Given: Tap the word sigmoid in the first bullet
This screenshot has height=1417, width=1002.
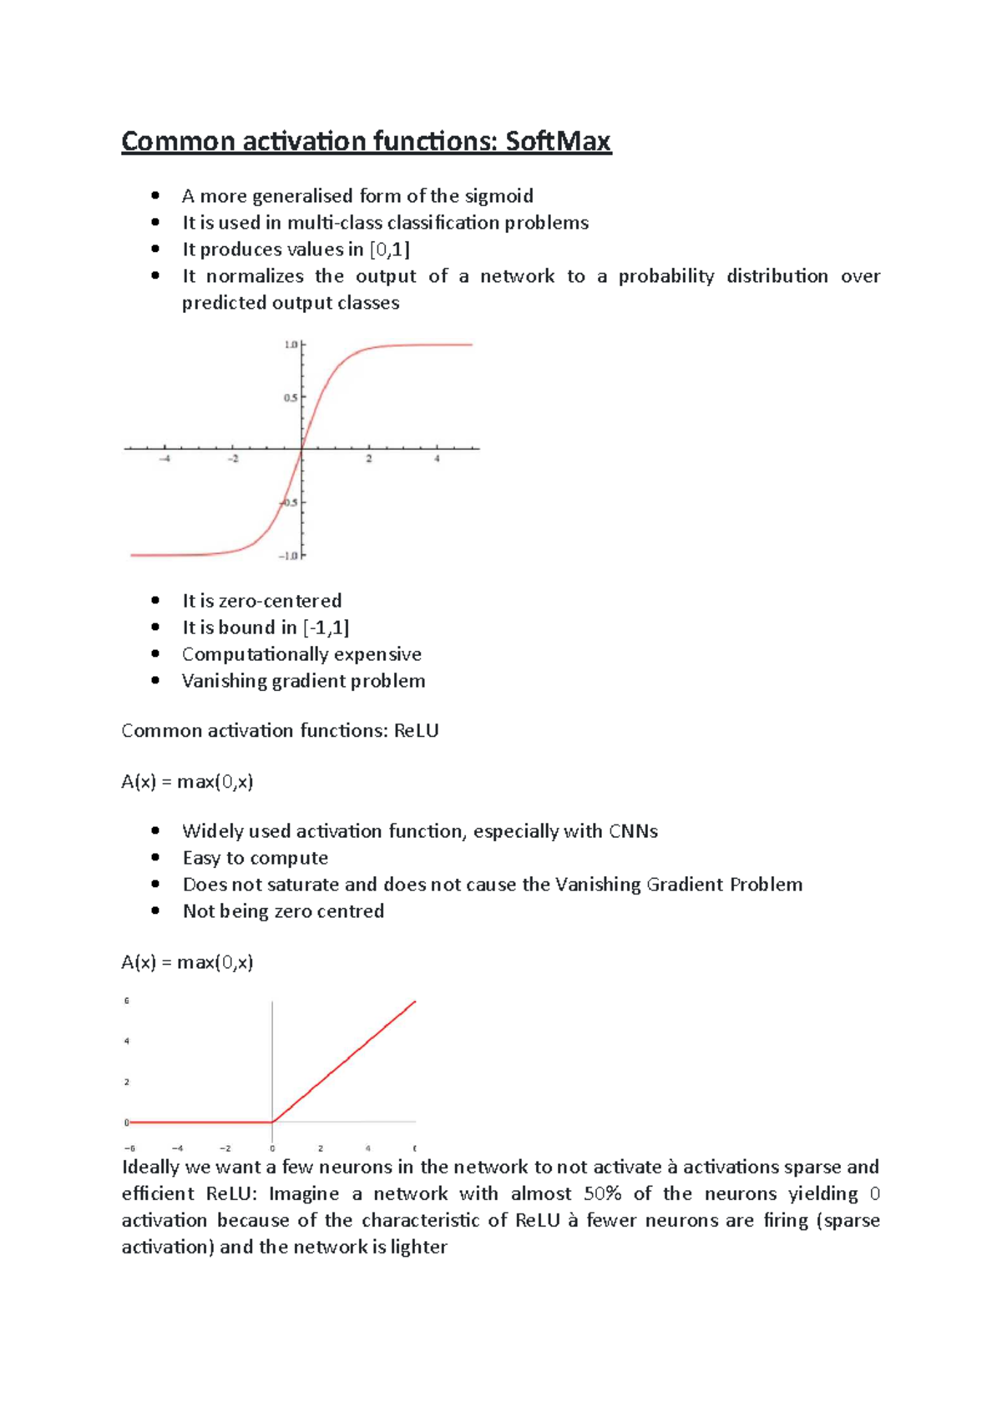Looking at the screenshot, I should (x=498, y=196).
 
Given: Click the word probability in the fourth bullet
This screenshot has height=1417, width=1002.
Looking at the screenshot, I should (x=666, y=276).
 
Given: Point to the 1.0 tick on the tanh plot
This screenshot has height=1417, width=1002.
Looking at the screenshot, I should (x=291, y=345).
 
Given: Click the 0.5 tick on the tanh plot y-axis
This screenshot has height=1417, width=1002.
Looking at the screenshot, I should (x=290, y=398).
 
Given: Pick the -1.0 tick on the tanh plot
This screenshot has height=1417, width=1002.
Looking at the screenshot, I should (x=289, y=556).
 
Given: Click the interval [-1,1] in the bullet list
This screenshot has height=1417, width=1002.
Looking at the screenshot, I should (x=326, y=628).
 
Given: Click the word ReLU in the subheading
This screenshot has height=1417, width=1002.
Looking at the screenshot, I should (x=416, y=731).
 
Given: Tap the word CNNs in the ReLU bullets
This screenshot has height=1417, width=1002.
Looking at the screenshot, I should (x=633, y=831).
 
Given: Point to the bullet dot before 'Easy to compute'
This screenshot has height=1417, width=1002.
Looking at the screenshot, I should (x=155, y=858).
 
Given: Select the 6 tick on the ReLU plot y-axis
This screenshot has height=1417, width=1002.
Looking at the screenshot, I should (x=127, y=1001).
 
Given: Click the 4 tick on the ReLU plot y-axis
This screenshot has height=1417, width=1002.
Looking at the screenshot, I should (x=127, y=1041).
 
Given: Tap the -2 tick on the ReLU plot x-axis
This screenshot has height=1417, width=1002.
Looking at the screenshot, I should (x=225, y=1148).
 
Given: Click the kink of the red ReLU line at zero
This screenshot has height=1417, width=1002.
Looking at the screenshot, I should (x=273, y=1122).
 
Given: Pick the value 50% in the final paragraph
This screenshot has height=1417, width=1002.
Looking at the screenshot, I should (x=602, y=1194).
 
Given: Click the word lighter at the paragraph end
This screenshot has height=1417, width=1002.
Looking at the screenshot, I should (x=419, y=1248).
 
